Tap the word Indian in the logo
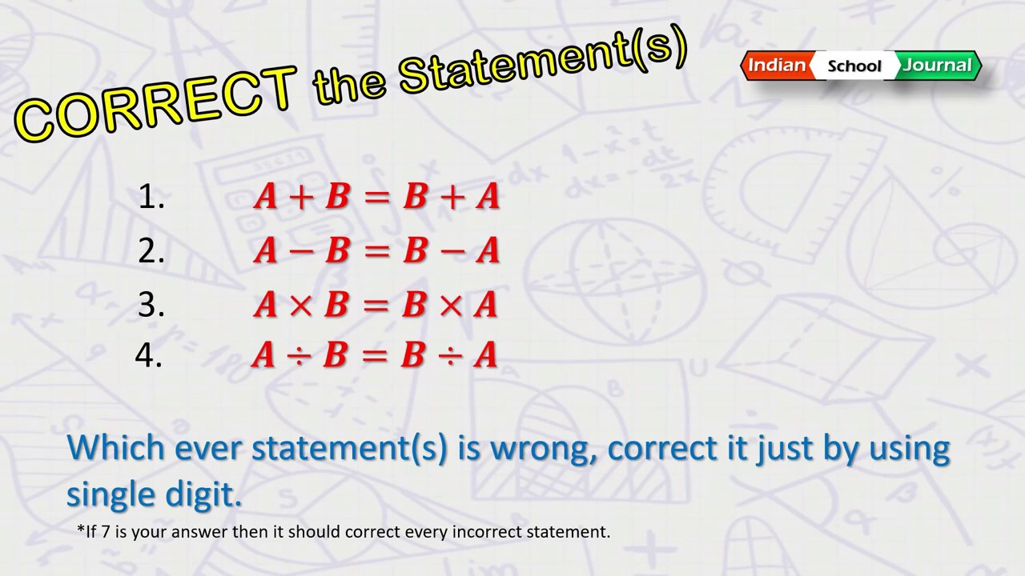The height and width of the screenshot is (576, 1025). coord(777,65)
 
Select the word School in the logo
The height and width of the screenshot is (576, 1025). coord(854,66)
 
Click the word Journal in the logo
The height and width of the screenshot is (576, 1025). coord(937,65)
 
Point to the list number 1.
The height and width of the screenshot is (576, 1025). coord(150,198)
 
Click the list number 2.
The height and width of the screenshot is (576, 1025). coord(151,251)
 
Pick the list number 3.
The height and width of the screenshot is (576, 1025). coord(151,305)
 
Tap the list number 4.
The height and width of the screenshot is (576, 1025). coord(149,355)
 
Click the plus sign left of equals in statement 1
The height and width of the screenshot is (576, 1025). coord(301,198)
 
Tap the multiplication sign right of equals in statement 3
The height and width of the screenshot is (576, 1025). coord(450,305)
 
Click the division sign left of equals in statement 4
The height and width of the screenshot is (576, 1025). coord(299,355)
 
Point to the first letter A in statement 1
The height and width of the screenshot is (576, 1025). coord(266,197)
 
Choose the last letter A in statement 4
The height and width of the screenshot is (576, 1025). coord(485,355)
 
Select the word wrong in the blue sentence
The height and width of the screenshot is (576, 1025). coord(541,448)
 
